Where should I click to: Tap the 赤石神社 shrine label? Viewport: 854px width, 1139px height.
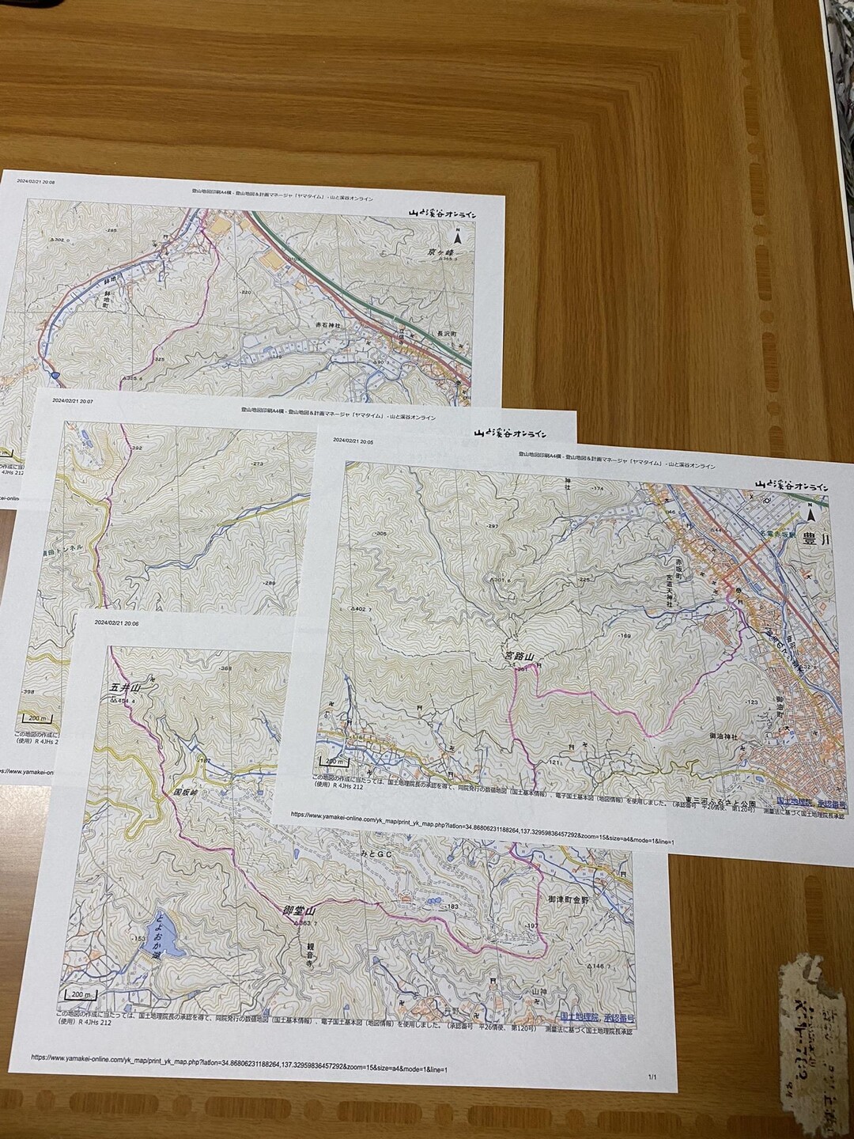click(323, 325)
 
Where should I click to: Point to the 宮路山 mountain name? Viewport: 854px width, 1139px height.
click(520, 657)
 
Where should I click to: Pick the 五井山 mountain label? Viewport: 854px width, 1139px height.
click(125, 688)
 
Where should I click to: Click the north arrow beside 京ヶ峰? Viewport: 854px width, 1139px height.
click(455, 237)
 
